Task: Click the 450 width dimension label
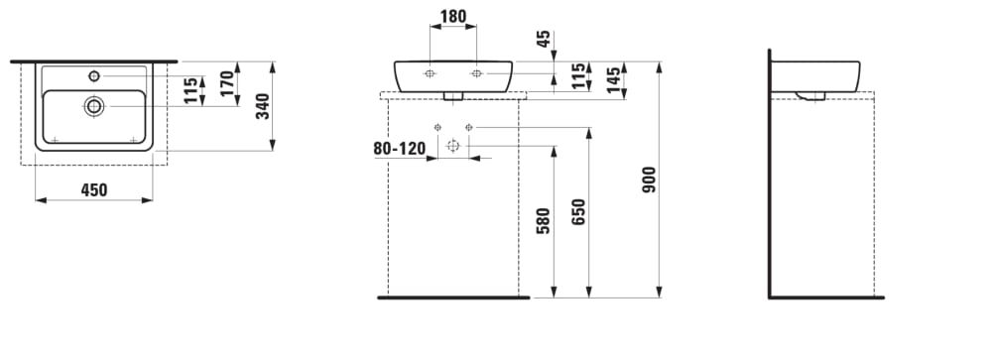94,189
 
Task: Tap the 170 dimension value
227,83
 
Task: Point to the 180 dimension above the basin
453,17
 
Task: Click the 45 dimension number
544,40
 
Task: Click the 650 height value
579,212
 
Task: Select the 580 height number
544,221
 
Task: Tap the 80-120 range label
399,149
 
